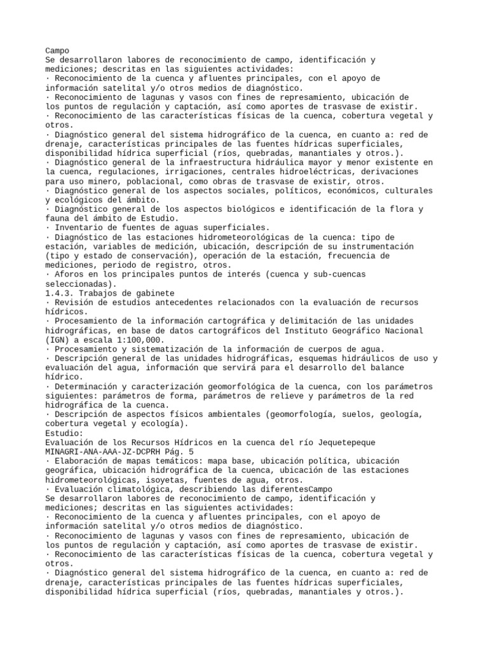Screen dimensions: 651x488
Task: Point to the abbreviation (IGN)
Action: tap(59, 340)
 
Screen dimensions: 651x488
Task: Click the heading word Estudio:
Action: tap(64, 432)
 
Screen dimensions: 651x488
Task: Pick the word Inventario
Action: tap(80, 227)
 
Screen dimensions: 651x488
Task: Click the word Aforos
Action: tap(70, 274)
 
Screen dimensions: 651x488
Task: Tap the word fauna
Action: tap(59, 218)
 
